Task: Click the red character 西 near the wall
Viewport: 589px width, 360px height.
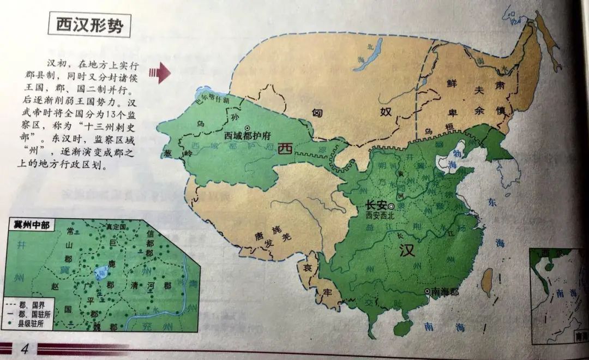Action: pyautogui.click(x=284, y=149)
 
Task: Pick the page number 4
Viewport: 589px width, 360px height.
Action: pyautogui.click(x=25, y=349)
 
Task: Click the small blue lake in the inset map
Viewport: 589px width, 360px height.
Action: pyautogui.click(x=101, y=271)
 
